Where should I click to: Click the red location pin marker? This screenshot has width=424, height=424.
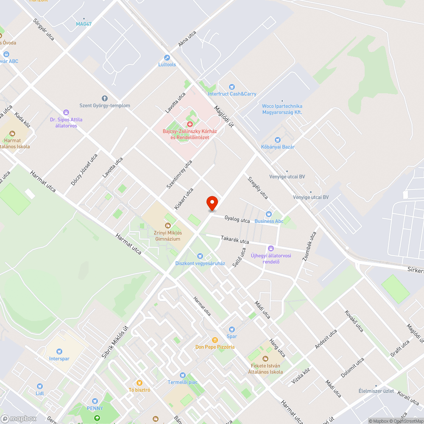click(x=212, y=203)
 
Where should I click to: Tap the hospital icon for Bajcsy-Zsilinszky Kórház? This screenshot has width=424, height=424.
click(x=190, y=124)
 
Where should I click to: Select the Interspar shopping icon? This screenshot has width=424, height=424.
click(x=59, y=351)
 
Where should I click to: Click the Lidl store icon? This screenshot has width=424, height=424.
click(x=39, y=386)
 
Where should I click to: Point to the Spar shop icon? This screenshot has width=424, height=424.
click(x=232, y=329)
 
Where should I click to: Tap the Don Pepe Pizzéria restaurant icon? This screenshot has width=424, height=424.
click(x=215, y=340)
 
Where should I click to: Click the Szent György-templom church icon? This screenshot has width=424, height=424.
click(x=105, y=98)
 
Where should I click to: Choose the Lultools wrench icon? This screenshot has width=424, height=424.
click(x=167, y=58)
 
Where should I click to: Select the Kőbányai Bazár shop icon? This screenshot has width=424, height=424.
click(x=278, y=139)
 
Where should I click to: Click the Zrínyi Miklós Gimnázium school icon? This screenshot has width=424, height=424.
click(x=167, y=225)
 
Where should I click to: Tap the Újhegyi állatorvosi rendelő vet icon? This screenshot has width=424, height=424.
click(x=271, y=248)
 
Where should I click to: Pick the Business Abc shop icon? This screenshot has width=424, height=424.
click(x=268, y=214)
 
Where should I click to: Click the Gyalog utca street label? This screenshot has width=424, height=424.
click(x=237, y=219)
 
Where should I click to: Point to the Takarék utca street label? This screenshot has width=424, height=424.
click(x=235, y=240)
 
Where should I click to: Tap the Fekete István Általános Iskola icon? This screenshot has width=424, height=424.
click(x=265, y=358)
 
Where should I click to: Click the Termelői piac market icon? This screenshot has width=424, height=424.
click(x=182, y=375)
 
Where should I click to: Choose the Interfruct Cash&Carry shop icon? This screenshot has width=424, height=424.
click(x=232, y=86)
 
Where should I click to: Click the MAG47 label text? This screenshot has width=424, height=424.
click(x=84, y=24)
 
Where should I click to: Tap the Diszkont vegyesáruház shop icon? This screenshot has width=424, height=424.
click(x=200, y=256)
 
